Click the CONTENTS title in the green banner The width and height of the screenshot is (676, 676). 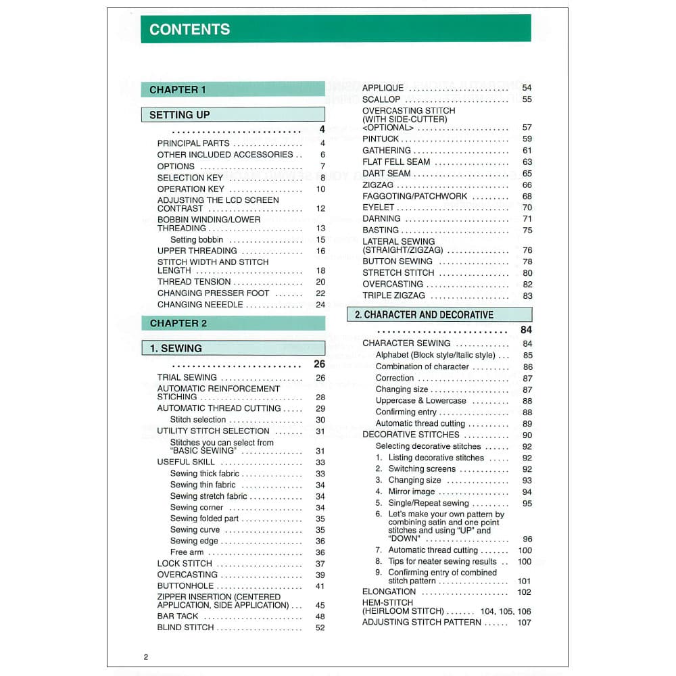click(189, 30)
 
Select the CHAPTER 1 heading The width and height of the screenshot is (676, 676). click(178, 90)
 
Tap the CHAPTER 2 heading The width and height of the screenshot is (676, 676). click(178, 323)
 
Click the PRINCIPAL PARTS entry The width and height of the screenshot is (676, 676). click(193, 143)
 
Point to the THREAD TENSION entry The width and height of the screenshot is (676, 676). click(194, 282)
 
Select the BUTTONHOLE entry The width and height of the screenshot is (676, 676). click(185, 586)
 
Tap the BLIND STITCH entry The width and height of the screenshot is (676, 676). click(185, 627)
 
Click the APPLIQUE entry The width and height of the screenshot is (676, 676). click(383, 88)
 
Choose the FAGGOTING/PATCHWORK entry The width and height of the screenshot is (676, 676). click(414, 196)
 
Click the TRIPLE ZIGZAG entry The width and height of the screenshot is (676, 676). click(393, 295)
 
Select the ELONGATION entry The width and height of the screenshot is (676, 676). click(389, 592)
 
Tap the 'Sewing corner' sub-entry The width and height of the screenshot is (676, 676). click(197, 508)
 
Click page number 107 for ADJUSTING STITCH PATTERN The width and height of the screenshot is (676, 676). click(524, 623)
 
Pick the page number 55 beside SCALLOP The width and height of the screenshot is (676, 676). click(527, 99)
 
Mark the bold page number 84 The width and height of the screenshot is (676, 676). click(527, 330)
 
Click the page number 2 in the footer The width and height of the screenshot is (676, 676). click(145, 657)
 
